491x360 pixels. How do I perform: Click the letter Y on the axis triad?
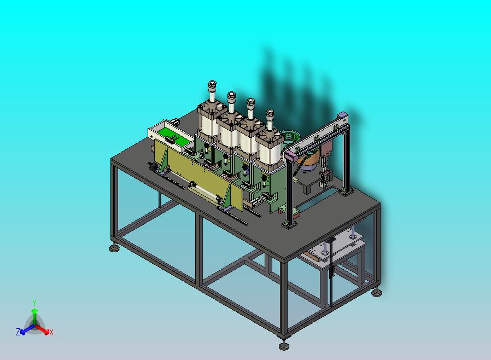click(34, 303)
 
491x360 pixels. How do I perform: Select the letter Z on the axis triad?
click(18, 332)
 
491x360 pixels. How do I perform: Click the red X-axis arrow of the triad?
click(42, 329)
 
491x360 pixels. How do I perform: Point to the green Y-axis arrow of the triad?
click(35, 316)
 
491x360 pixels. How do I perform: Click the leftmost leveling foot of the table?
click(115, 248)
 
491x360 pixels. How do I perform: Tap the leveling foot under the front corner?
click(284, 346)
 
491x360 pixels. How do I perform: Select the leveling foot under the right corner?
click(377, 293)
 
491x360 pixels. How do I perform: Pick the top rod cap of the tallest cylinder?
click(212, 84)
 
